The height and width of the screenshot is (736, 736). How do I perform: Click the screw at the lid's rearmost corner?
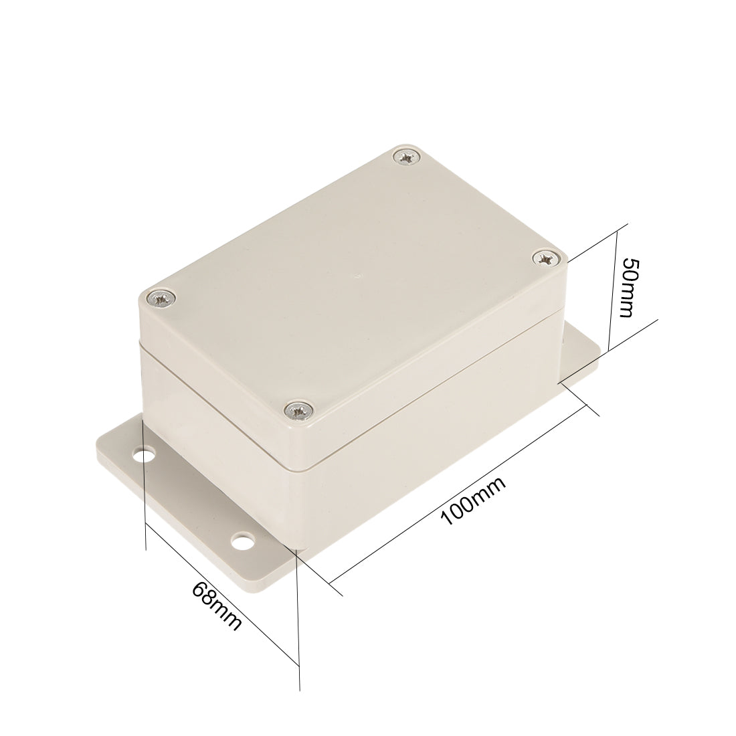[406, 158]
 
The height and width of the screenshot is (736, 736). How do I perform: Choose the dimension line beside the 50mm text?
[613, 288]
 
